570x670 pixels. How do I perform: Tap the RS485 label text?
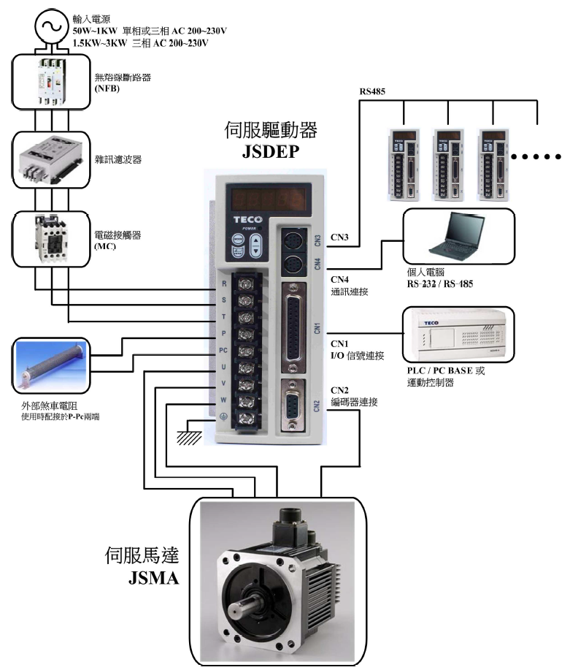click(372, 92)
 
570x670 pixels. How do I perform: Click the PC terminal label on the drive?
click(225, 349)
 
